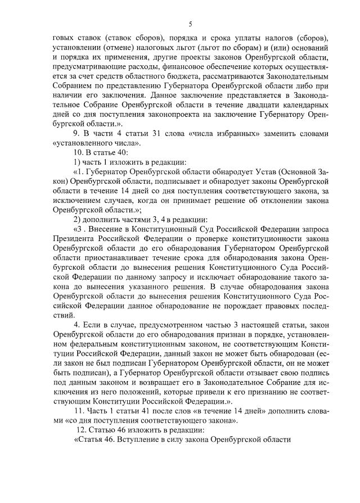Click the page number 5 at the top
coord(190,24)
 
